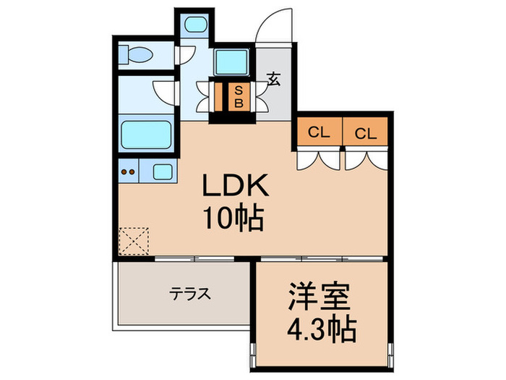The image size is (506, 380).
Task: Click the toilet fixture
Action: click(x=137, y=54)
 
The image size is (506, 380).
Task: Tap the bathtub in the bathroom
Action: click(x=145, y=135)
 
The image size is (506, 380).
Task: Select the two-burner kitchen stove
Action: click(x=128, y=172)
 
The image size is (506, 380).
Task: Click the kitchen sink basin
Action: click(x=163, y=172)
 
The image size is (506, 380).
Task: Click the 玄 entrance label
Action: click(x=274, y=80)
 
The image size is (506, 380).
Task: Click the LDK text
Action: click(x=235, y=187)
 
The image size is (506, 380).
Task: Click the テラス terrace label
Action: click(x=190, y=295)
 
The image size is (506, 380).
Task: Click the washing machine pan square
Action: click(x=233, y=64)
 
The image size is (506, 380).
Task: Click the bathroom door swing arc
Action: click(x=166, y=92)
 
